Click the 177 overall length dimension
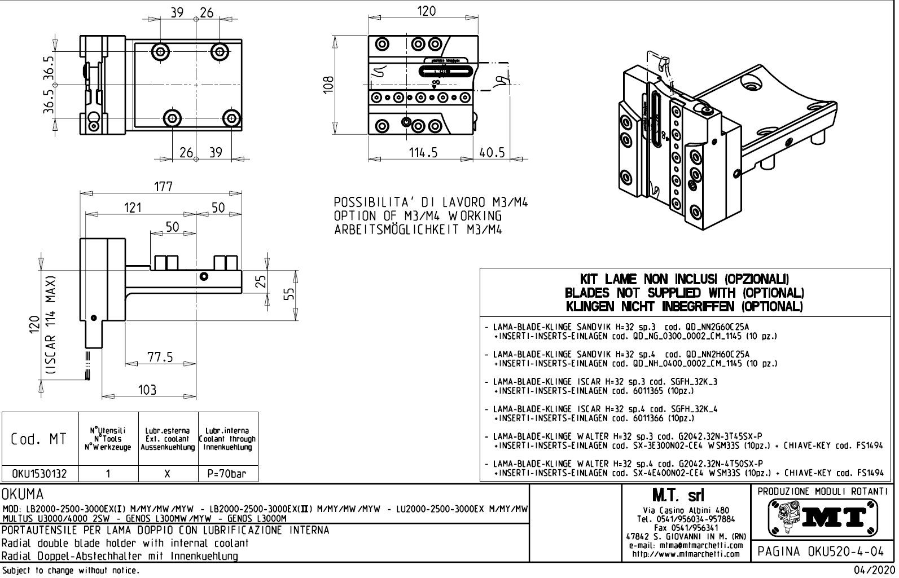point(163,187)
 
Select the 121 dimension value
point(133,208)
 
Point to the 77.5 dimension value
point(160,357)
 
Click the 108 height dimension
point(329,85)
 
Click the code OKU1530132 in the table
point(39,474)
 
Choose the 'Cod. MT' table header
point(39,439)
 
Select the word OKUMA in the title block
point(23,495)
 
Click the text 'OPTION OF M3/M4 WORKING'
point(418,216)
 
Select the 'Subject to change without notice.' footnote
point(70,571)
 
